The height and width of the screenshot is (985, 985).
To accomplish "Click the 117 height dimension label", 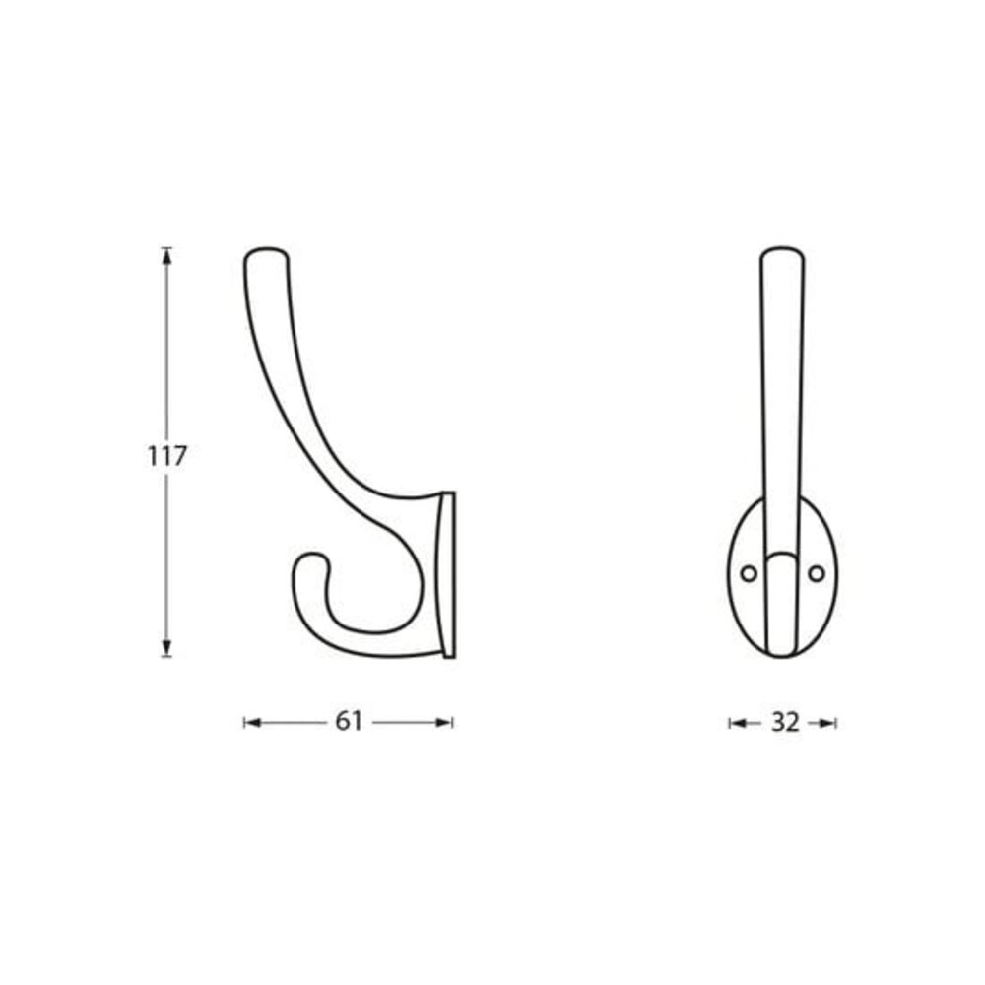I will click(166, 456).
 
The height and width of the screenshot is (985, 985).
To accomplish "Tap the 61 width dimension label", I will click(349, 722).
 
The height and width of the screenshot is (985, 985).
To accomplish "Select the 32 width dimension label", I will click(784, 722).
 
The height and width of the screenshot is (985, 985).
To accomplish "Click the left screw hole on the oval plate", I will click(750, 572).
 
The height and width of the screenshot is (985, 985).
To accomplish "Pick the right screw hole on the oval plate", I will click(816, 572).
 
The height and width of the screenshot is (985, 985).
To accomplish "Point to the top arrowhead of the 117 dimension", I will click(166, 255).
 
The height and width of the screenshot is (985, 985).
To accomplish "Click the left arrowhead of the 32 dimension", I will click(735, 723).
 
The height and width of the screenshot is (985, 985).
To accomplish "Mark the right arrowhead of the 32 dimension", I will click(830, 723).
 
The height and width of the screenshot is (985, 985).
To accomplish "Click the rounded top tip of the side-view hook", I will click(265, 254).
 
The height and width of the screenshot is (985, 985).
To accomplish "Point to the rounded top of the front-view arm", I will click(783, 253).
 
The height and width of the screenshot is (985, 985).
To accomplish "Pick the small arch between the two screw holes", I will click(782, 558).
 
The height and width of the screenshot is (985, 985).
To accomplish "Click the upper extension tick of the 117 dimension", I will click(166, 246).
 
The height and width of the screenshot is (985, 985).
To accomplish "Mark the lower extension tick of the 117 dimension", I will click(166, 656).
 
